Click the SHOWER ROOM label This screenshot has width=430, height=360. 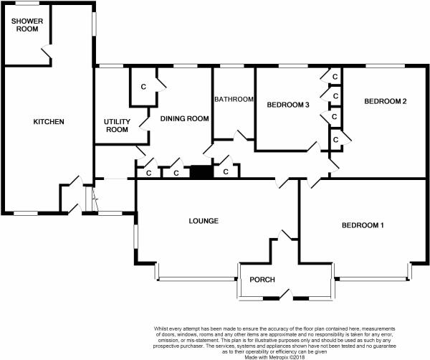[x=27, y=25]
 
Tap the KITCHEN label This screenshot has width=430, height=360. [x=49, y=122]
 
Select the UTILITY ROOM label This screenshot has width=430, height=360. [x=117, y=125]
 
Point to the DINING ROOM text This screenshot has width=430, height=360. [x=185, y=118]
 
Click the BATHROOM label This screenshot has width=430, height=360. [x=234, y=99]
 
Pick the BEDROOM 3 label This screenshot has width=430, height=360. [x=288, y=105]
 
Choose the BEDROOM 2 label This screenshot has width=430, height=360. [x=386, y=101]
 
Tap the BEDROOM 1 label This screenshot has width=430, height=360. [x=363, y=225]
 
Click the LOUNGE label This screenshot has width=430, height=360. [x=204, y=221]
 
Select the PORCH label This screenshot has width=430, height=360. [x=262, y=280]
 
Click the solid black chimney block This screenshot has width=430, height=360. [x=201, y=172]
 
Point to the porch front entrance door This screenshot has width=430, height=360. [x=285, y=294]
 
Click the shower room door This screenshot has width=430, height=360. [x=47, y=52]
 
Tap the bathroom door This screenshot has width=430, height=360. [x=241, y=135]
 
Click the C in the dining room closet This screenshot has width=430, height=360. [x=143, y=87]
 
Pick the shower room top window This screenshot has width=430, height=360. [x=27, y=3]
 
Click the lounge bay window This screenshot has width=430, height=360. [x=196, y=278]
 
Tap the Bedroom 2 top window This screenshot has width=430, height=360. [x=385, y=66]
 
